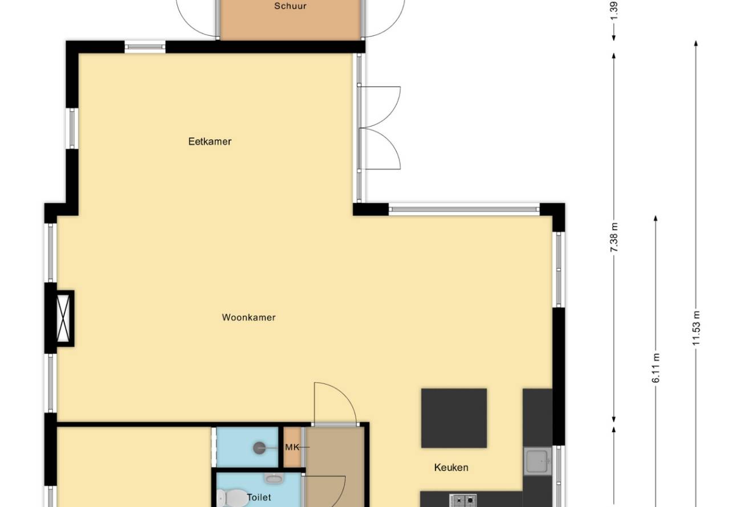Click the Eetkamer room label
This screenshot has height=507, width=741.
tap(210, 141)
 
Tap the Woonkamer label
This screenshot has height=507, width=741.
tap(249, 317)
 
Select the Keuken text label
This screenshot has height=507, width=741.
tap(451, 467)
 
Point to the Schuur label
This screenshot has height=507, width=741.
tap(290, 6)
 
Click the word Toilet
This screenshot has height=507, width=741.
tap(259, 497)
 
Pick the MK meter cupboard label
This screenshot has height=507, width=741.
tap(292, 447)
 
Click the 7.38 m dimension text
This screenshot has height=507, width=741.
tap(614, 238)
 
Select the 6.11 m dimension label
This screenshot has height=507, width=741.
tap(655, 368)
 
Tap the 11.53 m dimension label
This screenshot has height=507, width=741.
tap(697, 328)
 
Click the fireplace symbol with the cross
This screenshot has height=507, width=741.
tap(63, 318)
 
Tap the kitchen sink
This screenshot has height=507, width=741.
tap(538, 461)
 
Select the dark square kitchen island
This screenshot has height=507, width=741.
tap(454, 418)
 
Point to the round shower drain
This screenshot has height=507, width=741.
tap(259, 448)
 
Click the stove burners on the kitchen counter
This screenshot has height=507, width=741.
tap(463, 500)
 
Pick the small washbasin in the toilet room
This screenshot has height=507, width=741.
tap(274, 478)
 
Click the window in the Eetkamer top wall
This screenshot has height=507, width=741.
tap(145, 47)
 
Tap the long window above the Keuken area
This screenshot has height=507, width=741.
tap(464, 209)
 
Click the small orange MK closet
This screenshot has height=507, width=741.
tap(292, 447)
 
